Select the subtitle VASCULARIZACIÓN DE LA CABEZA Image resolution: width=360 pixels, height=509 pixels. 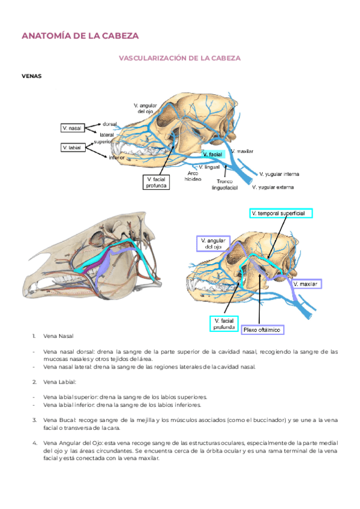tap(180, 58)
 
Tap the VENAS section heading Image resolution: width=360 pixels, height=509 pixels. tap(31, 76)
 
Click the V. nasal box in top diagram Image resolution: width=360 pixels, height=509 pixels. tap(73, 128)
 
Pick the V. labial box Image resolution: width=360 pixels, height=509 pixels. tap(73, 147)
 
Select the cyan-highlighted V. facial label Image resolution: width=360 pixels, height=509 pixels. tap(213, 155)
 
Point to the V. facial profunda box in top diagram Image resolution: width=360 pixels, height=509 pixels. tap(157, 182)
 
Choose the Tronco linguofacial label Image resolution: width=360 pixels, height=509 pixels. tap(225, 184)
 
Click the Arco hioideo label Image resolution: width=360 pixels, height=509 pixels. tap(193, 176)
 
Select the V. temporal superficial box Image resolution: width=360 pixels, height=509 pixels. tap(281, 213)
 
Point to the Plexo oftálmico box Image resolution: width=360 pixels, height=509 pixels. tap(262, 330)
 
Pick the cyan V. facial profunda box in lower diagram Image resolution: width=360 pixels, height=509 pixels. tap(224, 324)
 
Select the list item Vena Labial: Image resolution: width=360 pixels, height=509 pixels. tap(60, 382)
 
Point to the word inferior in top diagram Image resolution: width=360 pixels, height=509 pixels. tap(116, 158)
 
